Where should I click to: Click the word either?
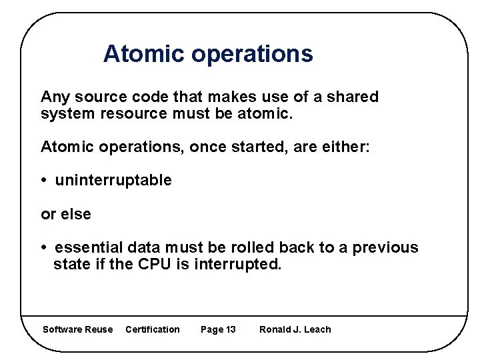[x=344, y=147]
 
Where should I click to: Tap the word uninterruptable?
[x=113, y=181]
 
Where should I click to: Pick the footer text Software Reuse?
[x=77, y=329]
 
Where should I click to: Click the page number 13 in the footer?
[x=231, y=329]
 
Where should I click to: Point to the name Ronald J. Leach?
[x=295, y=329]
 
